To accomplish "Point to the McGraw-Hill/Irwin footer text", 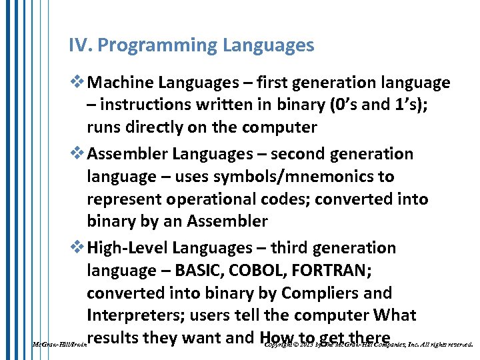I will click(x=58, y=345).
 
